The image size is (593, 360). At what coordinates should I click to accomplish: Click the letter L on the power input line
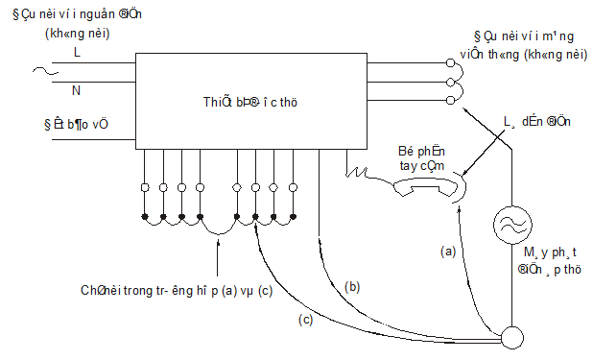click(77, 54)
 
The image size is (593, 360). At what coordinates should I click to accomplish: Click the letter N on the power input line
click(77, 90)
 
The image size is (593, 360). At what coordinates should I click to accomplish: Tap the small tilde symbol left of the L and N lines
click(40, 70)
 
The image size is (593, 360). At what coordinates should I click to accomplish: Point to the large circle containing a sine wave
click(511, 226)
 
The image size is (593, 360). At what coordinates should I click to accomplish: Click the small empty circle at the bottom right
click(511, 337)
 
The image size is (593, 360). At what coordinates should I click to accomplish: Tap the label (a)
click(446, 251)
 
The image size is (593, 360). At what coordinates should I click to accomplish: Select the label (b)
click(352, 287)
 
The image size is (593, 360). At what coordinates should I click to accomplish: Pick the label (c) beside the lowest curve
click(306, 319)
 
